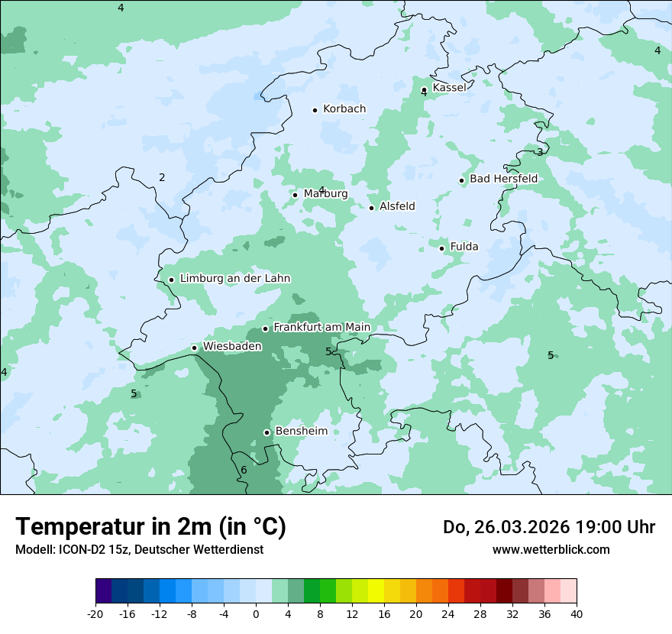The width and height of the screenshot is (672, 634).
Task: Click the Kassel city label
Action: click(449, 88)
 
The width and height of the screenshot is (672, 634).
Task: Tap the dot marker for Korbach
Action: click(315, 110)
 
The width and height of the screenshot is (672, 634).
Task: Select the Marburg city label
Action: click(325, 194)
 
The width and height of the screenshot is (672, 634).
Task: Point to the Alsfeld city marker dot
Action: click(372, 208)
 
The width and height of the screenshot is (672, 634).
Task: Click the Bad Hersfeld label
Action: click(503, 179)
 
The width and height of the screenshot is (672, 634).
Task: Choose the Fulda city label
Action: click(464, 247)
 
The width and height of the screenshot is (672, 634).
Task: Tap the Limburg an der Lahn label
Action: click(234, 279)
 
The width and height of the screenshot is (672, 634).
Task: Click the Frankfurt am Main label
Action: click(321, 328)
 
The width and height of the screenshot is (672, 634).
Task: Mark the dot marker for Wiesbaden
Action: click(195, 348)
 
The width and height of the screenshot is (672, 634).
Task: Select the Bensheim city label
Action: click(301, 432)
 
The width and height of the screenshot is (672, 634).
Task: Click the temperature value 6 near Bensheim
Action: click(244, 470)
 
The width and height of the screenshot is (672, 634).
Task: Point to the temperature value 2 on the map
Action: click(162, 178)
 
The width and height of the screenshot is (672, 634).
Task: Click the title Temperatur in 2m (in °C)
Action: click(150, 527)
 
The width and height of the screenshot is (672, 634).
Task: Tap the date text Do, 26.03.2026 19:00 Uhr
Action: click(548, 527)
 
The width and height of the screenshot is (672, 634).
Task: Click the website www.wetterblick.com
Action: click(551, 550)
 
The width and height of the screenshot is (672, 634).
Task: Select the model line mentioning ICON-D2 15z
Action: click(139, 550)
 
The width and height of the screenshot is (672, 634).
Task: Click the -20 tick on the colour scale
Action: click(95, 613)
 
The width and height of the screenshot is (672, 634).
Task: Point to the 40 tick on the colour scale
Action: click(577, 613)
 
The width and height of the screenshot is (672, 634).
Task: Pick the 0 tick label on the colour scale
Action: click(256, 613)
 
